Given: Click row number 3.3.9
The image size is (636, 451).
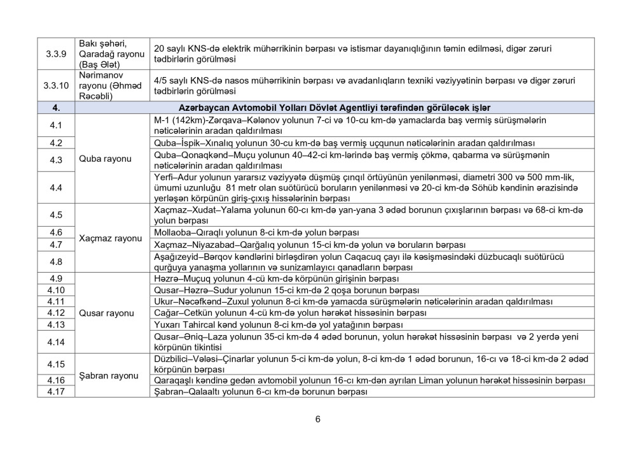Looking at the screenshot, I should [57, 54].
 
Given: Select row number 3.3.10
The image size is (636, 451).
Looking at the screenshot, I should [57, 86].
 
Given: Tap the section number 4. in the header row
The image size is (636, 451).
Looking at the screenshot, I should [57, 108].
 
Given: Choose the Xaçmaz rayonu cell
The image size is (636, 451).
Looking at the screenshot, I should [109, 238].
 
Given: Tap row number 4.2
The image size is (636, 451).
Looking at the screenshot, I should [57, 143].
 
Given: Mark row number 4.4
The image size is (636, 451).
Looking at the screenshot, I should [57, 187].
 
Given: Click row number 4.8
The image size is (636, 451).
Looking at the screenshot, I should [57, 262].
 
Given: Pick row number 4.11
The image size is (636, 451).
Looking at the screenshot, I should [57, 301].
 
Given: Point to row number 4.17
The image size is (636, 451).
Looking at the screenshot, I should [57, 391].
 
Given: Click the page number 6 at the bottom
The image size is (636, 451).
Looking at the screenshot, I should [317, 419].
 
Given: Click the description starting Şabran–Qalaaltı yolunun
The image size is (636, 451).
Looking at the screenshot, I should [261, 391].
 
